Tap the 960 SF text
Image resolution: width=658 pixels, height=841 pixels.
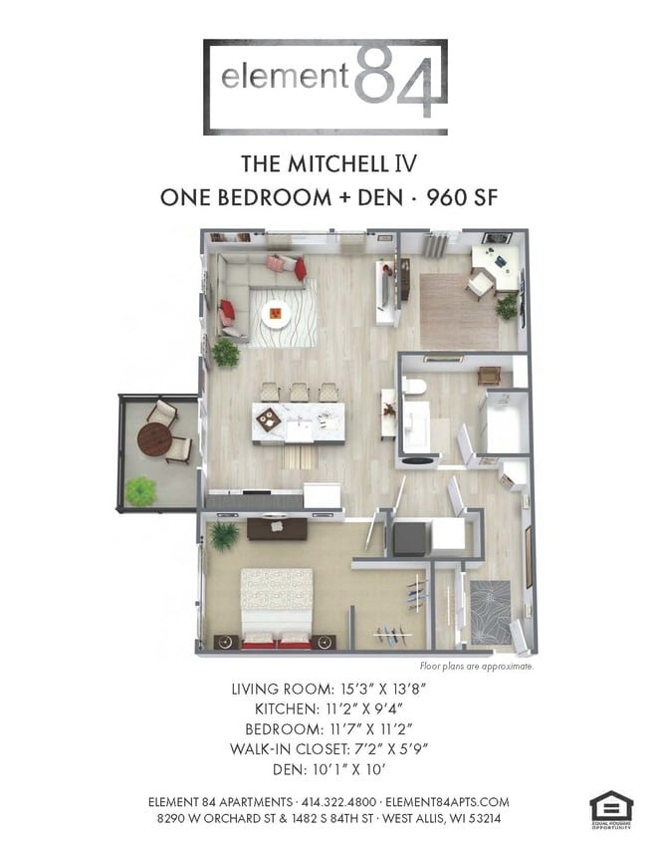[462, 196]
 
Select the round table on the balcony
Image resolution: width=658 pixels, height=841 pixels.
[154, 438]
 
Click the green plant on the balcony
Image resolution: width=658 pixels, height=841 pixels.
[141, 489]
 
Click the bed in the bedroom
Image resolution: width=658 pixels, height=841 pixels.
[277, 605]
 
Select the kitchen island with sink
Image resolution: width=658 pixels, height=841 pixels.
[298, 422]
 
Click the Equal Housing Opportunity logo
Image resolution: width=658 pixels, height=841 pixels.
[610, 809]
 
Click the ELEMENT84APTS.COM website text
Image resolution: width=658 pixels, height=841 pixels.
[448, 801]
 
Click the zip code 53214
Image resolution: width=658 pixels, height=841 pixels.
[480, 818]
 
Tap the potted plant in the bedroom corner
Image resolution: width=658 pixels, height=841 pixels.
[224, 535]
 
